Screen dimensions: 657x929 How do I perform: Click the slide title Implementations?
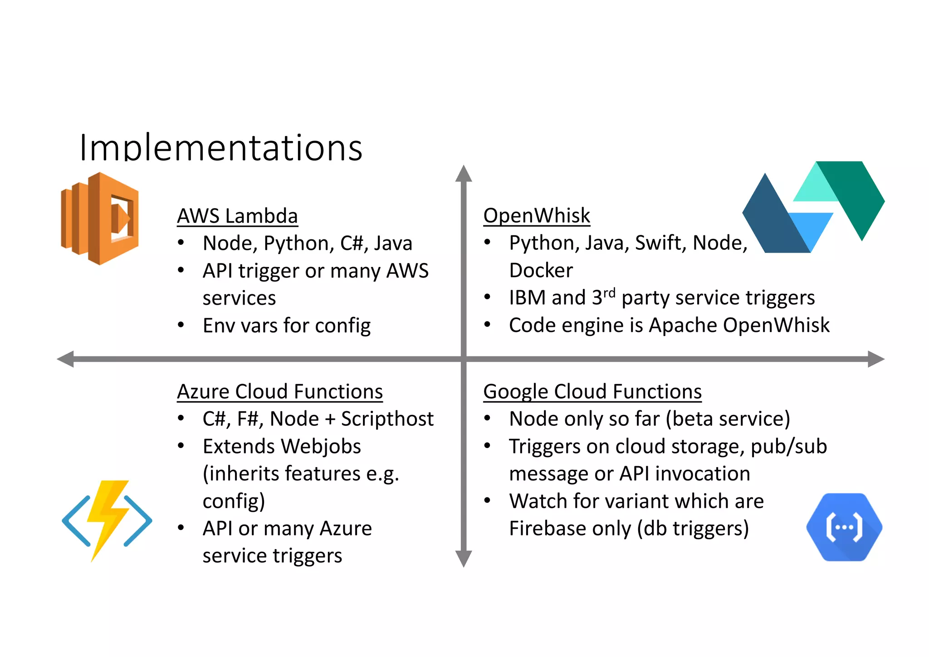(x=221, y=148)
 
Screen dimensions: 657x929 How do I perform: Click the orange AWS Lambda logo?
(x=100, y=219)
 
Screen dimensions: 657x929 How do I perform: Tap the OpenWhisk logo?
(x=813, y=207)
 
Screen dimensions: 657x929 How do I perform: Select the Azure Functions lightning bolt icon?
(x=107, y=520)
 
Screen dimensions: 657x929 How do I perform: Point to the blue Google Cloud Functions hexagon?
(x=844, y=527)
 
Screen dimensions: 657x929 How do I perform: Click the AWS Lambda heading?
(x=237, y=216)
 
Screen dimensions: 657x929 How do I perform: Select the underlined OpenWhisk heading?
(x=537, y=216)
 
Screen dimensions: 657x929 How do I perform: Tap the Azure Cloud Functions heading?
(x=280, y=392)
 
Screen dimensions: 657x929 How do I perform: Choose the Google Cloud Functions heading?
(x=592, y=392)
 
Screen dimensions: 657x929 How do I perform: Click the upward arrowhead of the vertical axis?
(x=464, y=174)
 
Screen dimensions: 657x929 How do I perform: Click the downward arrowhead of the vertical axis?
(x=464, y=558)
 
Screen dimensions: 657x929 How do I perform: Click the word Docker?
(x=541, y=271)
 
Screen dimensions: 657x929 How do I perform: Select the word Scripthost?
(x=387, y=419)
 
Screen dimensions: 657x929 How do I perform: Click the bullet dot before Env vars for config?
(x=181, y=325)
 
